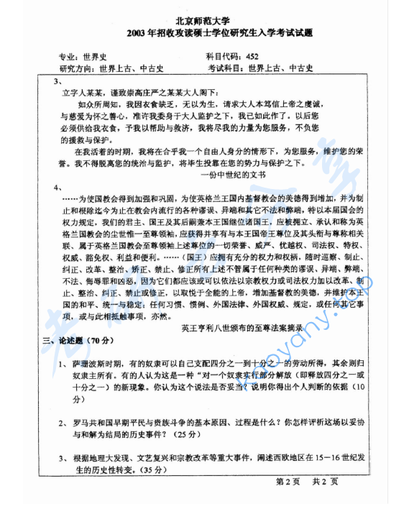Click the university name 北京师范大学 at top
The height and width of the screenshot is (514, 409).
[x=203, y=22]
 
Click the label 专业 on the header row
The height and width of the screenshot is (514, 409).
[x=67, y=56]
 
